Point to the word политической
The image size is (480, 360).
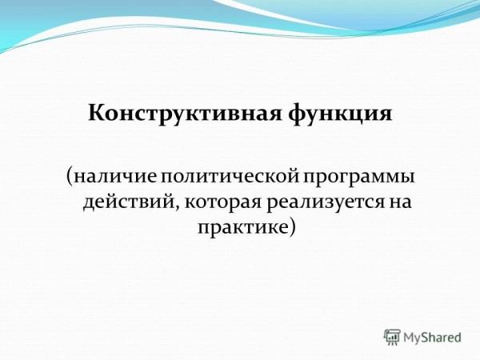(x=230, y=177)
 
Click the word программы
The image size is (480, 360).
(x=359, y=178)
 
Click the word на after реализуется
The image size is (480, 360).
(x=399, y=203)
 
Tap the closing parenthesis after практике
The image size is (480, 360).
(x=293, y=228)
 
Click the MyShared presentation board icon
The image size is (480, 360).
(x=392, y=338)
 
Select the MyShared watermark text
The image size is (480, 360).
(x=432, y=338)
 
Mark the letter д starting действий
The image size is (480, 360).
(x=89, y=204)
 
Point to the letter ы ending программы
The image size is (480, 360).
(x=407, y=178)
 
